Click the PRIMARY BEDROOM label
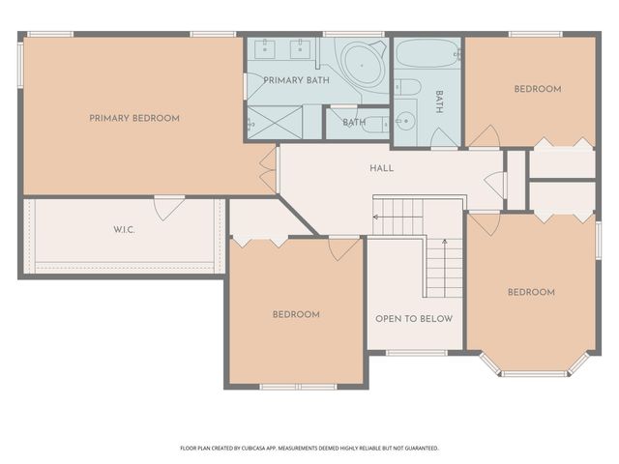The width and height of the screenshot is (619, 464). pos(134,118)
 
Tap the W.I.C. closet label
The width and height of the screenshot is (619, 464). pos(124,230)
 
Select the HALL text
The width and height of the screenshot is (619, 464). pos(381,168)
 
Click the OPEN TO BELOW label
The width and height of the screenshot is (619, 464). pos(413,318)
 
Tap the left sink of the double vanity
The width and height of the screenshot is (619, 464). pos(268,47)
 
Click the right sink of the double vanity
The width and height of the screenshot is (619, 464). pos(302,47)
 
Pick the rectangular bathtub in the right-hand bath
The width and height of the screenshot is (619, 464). pos(427,53)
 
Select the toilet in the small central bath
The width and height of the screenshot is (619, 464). pos(378,123)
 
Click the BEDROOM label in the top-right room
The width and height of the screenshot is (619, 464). pos(537,89)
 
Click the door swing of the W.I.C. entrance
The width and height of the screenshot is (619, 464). pos(169,207)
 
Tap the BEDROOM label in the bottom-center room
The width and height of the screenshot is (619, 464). pos(295,314)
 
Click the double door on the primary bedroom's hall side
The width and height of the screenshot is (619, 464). pos(269,169)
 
